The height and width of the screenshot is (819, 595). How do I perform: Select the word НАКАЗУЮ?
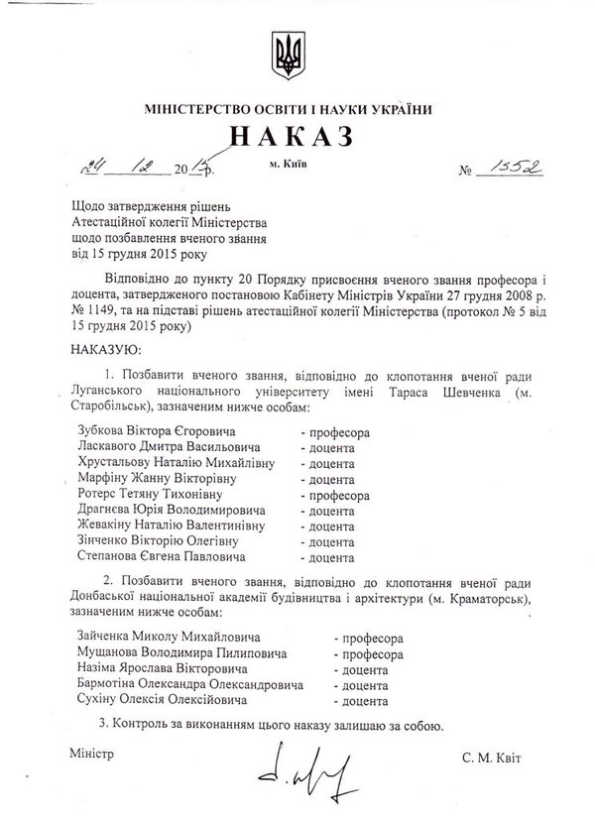[106, 350]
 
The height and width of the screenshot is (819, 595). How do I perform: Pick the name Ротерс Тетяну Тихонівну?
[150, 492]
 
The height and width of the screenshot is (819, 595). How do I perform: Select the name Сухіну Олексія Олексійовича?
[159, 701]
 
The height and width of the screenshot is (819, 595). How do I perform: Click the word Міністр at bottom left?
[93, 753]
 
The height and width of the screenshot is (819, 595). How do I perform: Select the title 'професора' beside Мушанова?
[370, 654]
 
